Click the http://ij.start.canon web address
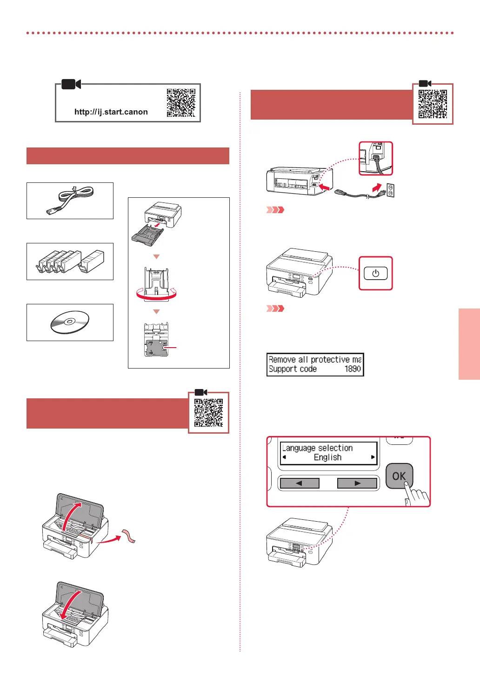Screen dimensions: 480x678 tap(111, 112)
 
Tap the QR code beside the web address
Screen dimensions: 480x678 tap(181, 103)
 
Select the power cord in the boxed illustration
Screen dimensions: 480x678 tap(70, 200)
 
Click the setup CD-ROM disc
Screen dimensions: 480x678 tap(70, 322)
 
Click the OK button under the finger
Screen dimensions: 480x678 tap(399, 476)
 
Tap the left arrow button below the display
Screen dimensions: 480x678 tap(299, 483)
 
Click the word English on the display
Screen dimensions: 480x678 tap(327, 457)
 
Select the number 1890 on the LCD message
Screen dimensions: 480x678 tap(353, 369)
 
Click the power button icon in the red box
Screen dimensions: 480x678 tap(375, 274)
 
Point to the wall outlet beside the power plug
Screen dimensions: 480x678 tap(391, 190)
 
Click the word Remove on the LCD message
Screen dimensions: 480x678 tap(282, 360)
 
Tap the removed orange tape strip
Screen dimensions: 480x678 tap(128, 536)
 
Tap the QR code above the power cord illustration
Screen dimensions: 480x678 tap(433, 104)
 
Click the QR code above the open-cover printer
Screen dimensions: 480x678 tap(208, 412)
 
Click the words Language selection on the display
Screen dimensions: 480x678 tap(317, 448)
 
